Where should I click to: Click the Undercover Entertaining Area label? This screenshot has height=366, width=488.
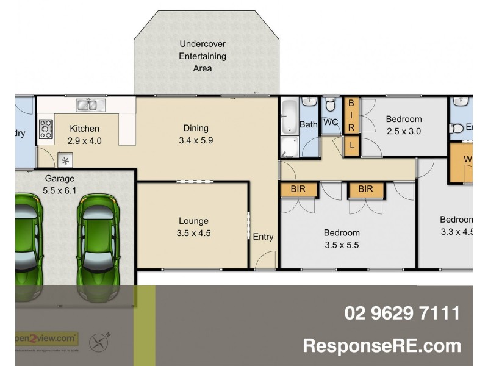[203, 56]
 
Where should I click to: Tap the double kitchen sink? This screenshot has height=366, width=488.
[90, 105]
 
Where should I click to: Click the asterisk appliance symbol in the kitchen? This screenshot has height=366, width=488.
[65, 160]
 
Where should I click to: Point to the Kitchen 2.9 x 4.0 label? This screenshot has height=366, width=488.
[85, 134]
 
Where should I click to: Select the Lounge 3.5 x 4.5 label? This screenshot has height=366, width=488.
[193, 227]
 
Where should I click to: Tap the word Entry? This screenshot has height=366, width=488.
[264, 237]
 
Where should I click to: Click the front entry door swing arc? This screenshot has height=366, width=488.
[265, 261]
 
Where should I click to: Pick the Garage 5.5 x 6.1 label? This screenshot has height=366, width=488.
[60, 184]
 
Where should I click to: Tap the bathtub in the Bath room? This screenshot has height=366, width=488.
[289, 117]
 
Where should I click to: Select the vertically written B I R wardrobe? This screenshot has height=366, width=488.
[351, 116]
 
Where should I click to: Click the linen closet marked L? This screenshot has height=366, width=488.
[351, 145]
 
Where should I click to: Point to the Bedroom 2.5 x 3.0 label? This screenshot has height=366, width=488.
[404, 125]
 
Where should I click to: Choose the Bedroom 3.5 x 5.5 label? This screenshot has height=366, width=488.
[342, 239]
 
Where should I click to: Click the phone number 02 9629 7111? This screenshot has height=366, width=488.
[402, 314]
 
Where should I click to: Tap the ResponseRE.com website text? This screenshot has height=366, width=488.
[382, 346]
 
